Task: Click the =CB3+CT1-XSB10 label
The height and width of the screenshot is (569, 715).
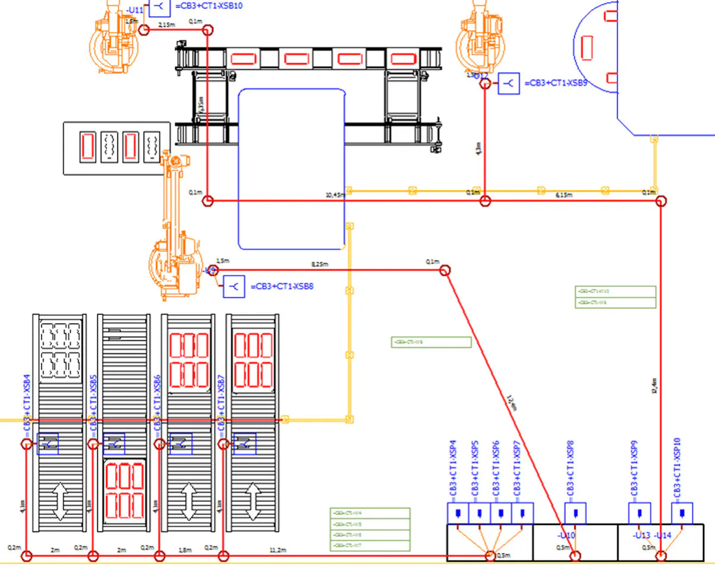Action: coord(209,7)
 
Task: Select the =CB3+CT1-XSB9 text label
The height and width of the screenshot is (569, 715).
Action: coord(556,83)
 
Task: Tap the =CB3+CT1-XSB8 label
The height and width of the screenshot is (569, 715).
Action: coord(282,287)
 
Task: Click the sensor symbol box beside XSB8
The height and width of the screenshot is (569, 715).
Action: coord(235,287)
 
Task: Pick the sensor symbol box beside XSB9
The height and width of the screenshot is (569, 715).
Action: coord(508,83)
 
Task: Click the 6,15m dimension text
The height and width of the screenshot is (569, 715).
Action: coord(564,195)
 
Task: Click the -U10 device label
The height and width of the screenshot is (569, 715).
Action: coord(567,536)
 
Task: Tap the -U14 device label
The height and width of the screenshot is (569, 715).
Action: coord(663,536)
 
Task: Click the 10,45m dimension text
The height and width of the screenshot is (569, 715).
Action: coord(335,195)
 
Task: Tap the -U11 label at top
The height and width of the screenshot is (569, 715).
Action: coord(134,11)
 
